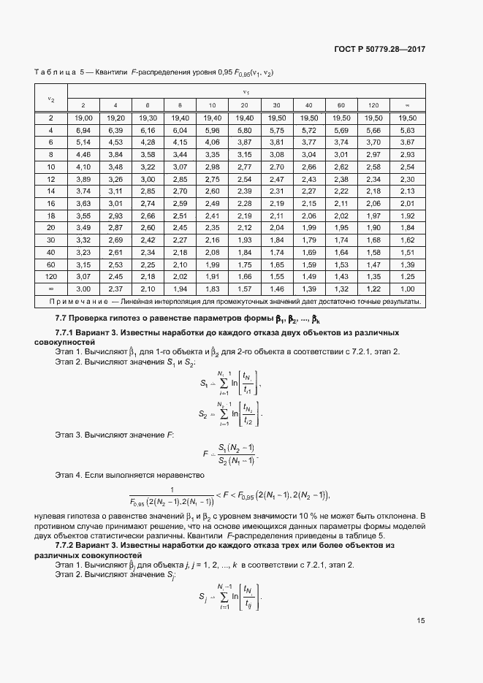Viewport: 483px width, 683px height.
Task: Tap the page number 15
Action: (x=421, y=621)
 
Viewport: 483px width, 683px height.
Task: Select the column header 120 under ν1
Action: (x=373, y=105)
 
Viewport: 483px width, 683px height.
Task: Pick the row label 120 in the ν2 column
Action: (x=50, y=277)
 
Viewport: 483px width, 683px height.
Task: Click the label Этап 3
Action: (x=68, y=435)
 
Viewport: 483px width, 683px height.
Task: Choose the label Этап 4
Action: (x=68, y=476)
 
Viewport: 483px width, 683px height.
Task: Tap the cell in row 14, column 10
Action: (x=212, y=191)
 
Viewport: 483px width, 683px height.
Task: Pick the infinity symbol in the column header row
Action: (x=408, y=105)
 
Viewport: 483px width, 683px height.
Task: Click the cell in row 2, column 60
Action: (x=341, y=118)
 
